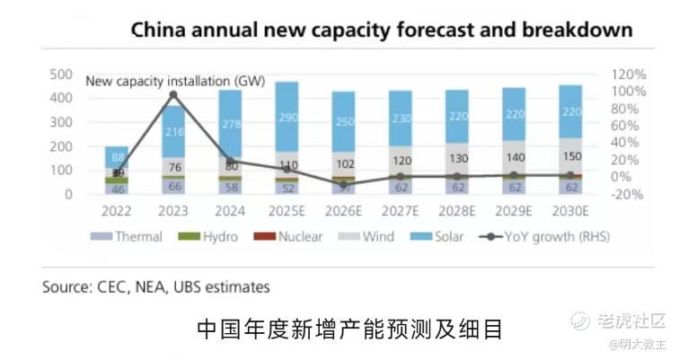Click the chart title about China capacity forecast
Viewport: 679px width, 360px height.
click(382, 30)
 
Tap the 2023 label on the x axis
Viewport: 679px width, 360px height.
click(174, 212)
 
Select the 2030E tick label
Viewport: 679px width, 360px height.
click(570, 212)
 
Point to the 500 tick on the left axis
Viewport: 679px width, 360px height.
click(61, 74)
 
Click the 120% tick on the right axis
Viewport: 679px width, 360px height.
click(630, 74)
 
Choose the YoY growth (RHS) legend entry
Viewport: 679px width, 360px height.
click(538, 237)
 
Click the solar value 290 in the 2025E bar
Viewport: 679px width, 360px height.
click(287, 118)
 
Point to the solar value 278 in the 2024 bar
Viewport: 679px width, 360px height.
click(231, 124)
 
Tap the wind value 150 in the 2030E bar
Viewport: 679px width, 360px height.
click(570, 156)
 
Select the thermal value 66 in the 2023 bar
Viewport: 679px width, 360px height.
click(174, 187)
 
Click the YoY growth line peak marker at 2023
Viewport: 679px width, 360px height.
click(173, 94)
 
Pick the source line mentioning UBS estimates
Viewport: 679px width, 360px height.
click(155, 287)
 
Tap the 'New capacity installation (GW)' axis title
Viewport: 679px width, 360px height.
click(175, 82)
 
